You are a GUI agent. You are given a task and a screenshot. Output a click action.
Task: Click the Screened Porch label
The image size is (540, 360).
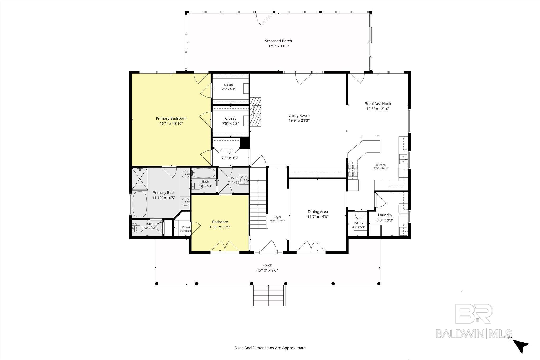pos(278,41)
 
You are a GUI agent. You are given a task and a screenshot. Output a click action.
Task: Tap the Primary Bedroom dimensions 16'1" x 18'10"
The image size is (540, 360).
pos(171,123)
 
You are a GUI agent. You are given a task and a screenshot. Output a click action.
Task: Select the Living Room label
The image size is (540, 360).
pos(299,115)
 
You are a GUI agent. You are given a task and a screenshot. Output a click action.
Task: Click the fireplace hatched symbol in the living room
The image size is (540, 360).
pos(255,112)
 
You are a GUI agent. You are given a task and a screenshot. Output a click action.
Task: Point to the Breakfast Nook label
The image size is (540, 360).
pos(378,104)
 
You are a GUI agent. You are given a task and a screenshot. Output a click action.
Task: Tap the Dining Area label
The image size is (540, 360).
pos(318,212)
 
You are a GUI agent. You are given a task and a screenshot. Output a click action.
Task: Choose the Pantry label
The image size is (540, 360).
pos(359,223)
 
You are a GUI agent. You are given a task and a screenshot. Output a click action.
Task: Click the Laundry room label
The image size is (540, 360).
pos(385,215)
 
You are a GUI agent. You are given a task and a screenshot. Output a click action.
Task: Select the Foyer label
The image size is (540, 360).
pos(277,217)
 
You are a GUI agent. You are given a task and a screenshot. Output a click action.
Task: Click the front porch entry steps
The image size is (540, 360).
pos(269,295)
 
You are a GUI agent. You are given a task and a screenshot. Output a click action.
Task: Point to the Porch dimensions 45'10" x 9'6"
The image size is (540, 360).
pos(267,270)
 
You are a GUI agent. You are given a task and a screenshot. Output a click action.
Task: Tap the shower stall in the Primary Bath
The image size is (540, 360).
pos(139,178)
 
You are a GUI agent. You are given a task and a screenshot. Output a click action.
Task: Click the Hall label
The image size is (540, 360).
pos(230,153)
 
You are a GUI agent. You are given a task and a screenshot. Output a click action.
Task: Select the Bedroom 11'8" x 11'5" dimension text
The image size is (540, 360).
pos(220,227)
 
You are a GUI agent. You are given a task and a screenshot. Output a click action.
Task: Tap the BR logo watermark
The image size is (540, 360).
pos(474,314)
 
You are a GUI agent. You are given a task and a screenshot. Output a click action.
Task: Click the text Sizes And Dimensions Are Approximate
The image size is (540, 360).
pos(270,348)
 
